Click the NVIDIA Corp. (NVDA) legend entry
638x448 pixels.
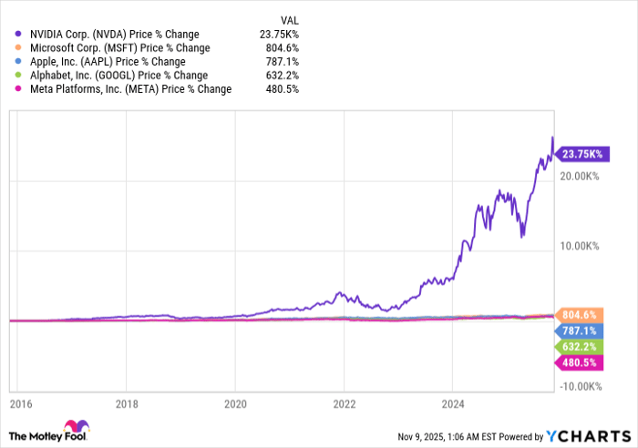click(114, 34)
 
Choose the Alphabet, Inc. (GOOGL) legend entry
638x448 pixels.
click(111, 75)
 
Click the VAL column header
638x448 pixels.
click(287, 18)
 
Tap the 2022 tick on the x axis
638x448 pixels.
click(344, 402)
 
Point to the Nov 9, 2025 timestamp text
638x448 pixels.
click(437, 435)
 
